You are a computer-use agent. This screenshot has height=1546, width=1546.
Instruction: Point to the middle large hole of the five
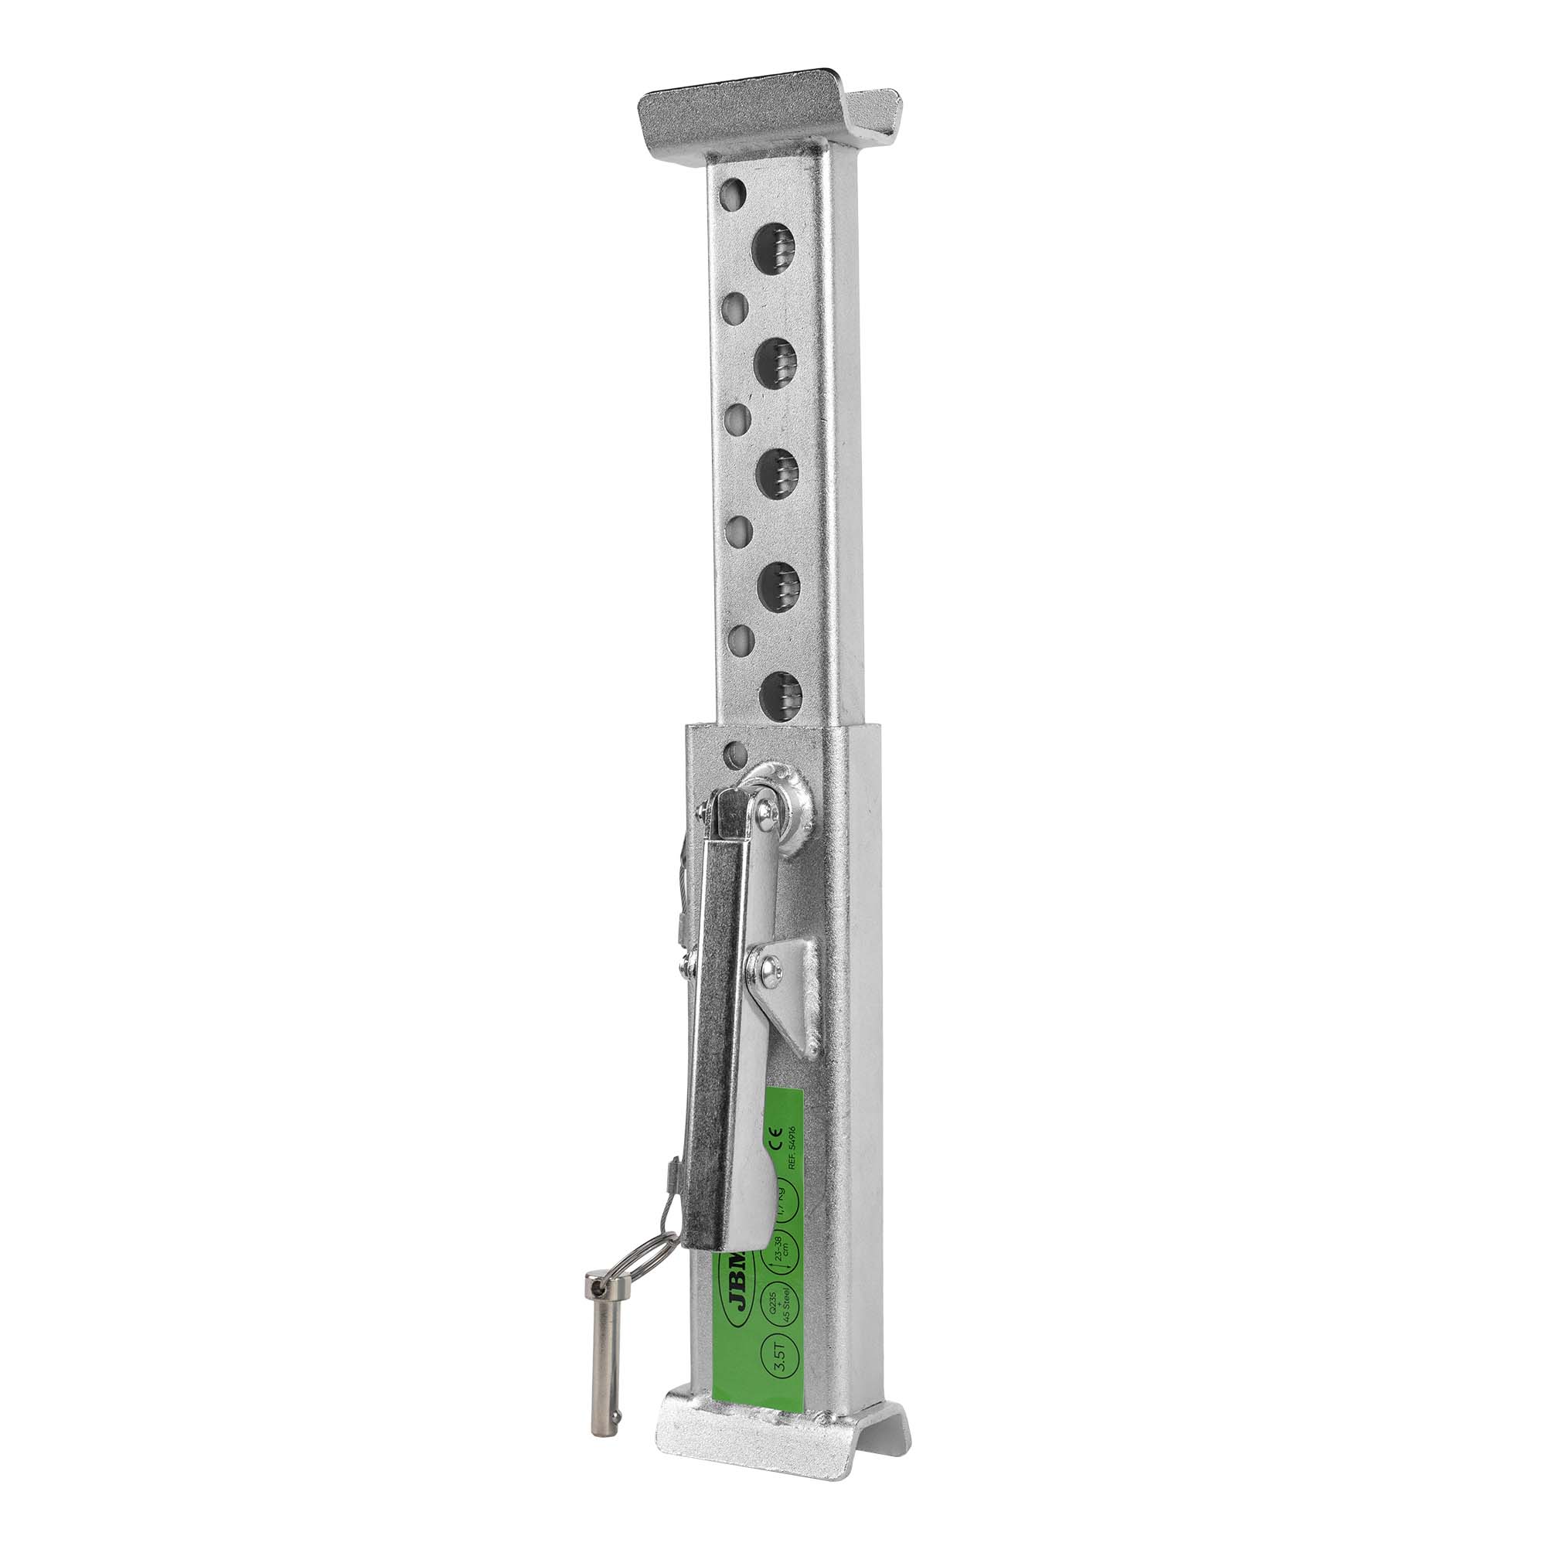pos(776,472)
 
